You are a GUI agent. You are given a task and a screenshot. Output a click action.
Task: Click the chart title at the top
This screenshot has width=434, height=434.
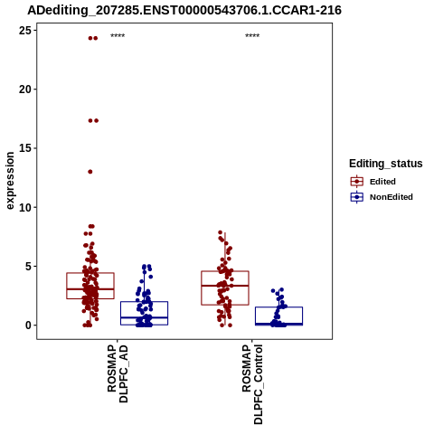pyautogui.click(x=184, y=11)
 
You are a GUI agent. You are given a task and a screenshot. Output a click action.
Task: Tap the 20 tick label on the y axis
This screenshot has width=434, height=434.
pyautogui.click(x=24, y=90)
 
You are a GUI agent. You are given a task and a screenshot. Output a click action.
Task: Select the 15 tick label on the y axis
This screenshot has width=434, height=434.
pyautogui.click(x=24, y=148)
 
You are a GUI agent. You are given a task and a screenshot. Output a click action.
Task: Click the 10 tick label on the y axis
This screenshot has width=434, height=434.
pyautogui.click(x=24, y=207)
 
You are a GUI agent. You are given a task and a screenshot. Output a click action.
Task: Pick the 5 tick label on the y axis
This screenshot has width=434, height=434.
pyautogui.click(x=28, y=267)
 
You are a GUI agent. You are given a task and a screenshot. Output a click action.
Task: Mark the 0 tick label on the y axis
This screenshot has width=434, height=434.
pyautogui.click(x=28, y=325)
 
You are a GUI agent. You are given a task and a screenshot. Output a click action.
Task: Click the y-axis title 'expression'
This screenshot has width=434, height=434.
pyautogui.click(x=10, y=181)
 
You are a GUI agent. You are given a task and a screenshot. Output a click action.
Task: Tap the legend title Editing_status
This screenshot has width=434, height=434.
pyautogui.click(x=386, y=164)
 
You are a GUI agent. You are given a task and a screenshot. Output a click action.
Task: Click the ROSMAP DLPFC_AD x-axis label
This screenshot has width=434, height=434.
pyautogui.click(x=118, y=373)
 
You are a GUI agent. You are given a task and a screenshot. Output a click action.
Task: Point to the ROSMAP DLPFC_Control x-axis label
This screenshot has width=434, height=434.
pyautogui.click(x=252, y=384)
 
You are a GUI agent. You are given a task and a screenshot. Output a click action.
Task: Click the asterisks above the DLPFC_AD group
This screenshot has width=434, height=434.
pyautogui.click(x=118, y=36)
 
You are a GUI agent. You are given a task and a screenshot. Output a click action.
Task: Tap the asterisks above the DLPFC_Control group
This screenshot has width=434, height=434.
pyautogui.click(x=252, y=36)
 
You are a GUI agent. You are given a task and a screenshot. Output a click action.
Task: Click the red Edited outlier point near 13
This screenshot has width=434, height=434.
pyautogui.click(x=90, y=172)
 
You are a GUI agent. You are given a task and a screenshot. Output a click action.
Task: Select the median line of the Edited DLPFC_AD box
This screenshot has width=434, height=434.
pyautogui.click(x=90, y=289)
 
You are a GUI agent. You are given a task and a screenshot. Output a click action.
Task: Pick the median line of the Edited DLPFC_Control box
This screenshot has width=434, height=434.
pyautogui.click(x=225, y=286)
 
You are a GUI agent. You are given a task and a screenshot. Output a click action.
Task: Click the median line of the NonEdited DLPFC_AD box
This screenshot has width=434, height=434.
pyautogui.click(x=145, y=317)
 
